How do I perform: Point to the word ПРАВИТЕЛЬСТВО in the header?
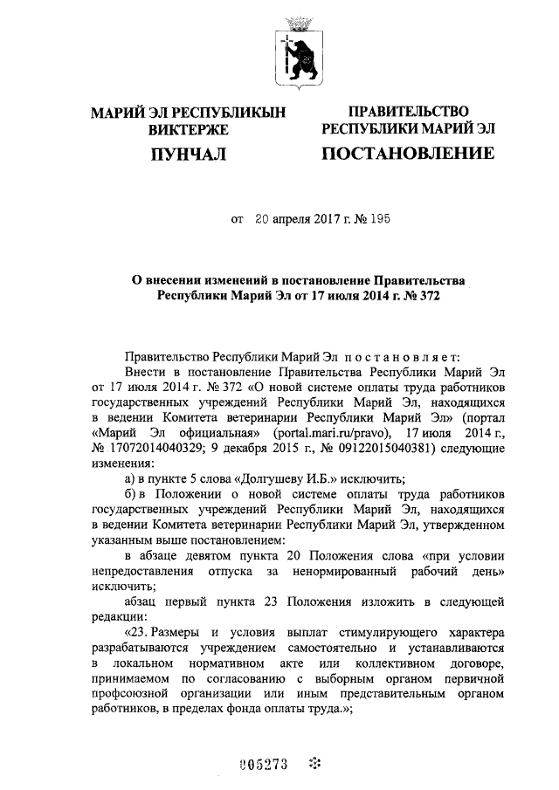[x=408, y=112]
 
